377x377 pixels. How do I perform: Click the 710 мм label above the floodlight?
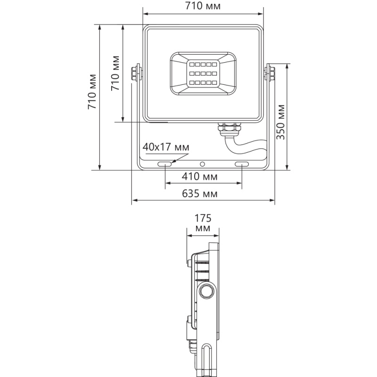pyautogui.click(x=203, y=6)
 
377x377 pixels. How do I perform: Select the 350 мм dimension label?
pyautogui.click(x=280, y=122)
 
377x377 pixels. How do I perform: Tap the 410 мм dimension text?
pyautogui.click(x=199, y=176)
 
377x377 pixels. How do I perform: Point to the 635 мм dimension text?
pyautogui.click(x=199, y=193)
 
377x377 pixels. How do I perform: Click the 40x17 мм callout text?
pyautogui.click(x=166, y=147)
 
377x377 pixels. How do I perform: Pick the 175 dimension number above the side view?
pyautogui.click(x=203, y=218)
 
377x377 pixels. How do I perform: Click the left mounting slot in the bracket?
pyautogui.click(x=164, y=164)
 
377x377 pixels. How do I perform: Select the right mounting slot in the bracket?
pyautogui.click(x=242, y=164)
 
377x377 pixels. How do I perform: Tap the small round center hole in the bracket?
pyautogui.click(x=203, y=164)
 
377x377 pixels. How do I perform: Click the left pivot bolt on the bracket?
pyautogui.click(x=136, y=73)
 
